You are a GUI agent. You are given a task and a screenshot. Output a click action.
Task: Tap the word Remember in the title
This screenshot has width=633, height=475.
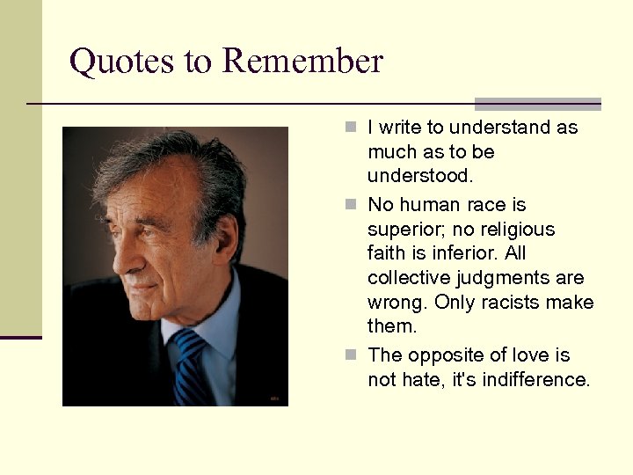302,62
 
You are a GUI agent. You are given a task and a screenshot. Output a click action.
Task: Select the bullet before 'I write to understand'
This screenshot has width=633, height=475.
351,128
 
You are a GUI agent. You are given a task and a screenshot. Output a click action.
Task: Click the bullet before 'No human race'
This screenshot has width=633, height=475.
351,205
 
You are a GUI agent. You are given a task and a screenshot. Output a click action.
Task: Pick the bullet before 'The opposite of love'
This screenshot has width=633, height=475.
351,355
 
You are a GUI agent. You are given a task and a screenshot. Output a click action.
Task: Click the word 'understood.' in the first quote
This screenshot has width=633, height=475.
420,176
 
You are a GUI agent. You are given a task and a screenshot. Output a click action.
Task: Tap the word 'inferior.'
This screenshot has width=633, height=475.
476,253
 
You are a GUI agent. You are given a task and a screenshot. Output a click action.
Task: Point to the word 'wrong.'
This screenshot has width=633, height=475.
401,303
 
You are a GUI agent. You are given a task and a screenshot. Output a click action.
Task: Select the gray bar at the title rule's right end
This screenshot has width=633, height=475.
537,104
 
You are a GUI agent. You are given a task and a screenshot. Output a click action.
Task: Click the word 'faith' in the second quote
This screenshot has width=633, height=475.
388,253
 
